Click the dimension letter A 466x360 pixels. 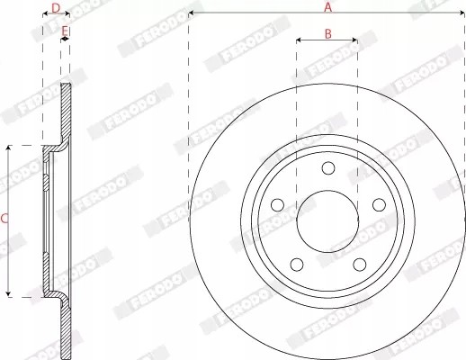pyautogui.click(x=327, y=7)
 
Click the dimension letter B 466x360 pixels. pyautogui.click(x=327, y=34)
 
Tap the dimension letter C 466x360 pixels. pyautogui.click(x=4, y=219)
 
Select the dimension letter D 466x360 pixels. pyautogui.click(x=56, y=8)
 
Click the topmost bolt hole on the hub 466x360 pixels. pyautogui.click(x=327, y=168)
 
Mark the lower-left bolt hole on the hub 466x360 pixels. pyautogui.click(x=296, y=265)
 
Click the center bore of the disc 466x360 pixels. pyautogui.click(x=327, y=221)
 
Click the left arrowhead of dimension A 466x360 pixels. pyautogui.click(x=192, y=14)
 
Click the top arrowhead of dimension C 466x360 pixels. pyautogui.click(x=9, y=147)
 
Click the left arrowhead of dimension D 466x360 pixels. pyautogui.click(x=45, y=15)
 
